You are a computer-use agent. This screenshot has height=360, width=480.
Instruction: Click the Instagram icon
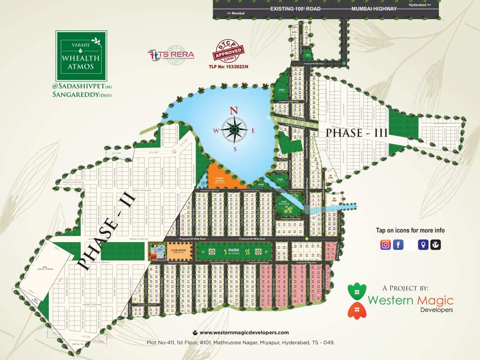385,244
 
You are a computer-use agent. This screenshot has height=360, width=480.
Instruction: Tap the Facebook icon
398,244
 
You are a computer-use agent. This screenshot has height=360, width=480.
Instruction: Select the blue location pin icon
423,244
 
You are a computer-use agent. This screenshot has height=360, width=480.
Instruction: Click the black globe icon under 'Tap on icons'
435,244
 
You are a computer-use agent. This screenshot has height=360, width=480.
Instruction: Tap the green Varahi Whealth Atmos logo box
81,55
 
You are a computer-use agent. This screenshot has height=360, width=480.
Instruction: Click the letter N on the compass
233,111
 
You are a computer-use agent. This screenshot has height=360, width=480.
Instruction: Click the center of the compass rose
234,130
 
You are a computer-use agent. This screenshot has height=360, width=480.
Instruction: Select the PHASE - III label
357,133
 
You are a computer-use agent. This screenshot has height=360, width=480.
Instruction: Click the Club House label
178,251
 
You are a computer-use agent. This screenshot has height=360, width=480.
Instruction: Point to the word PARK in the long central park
234,251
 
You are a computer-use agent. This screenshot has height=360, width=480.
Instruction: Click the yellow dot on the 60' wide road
307,239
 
